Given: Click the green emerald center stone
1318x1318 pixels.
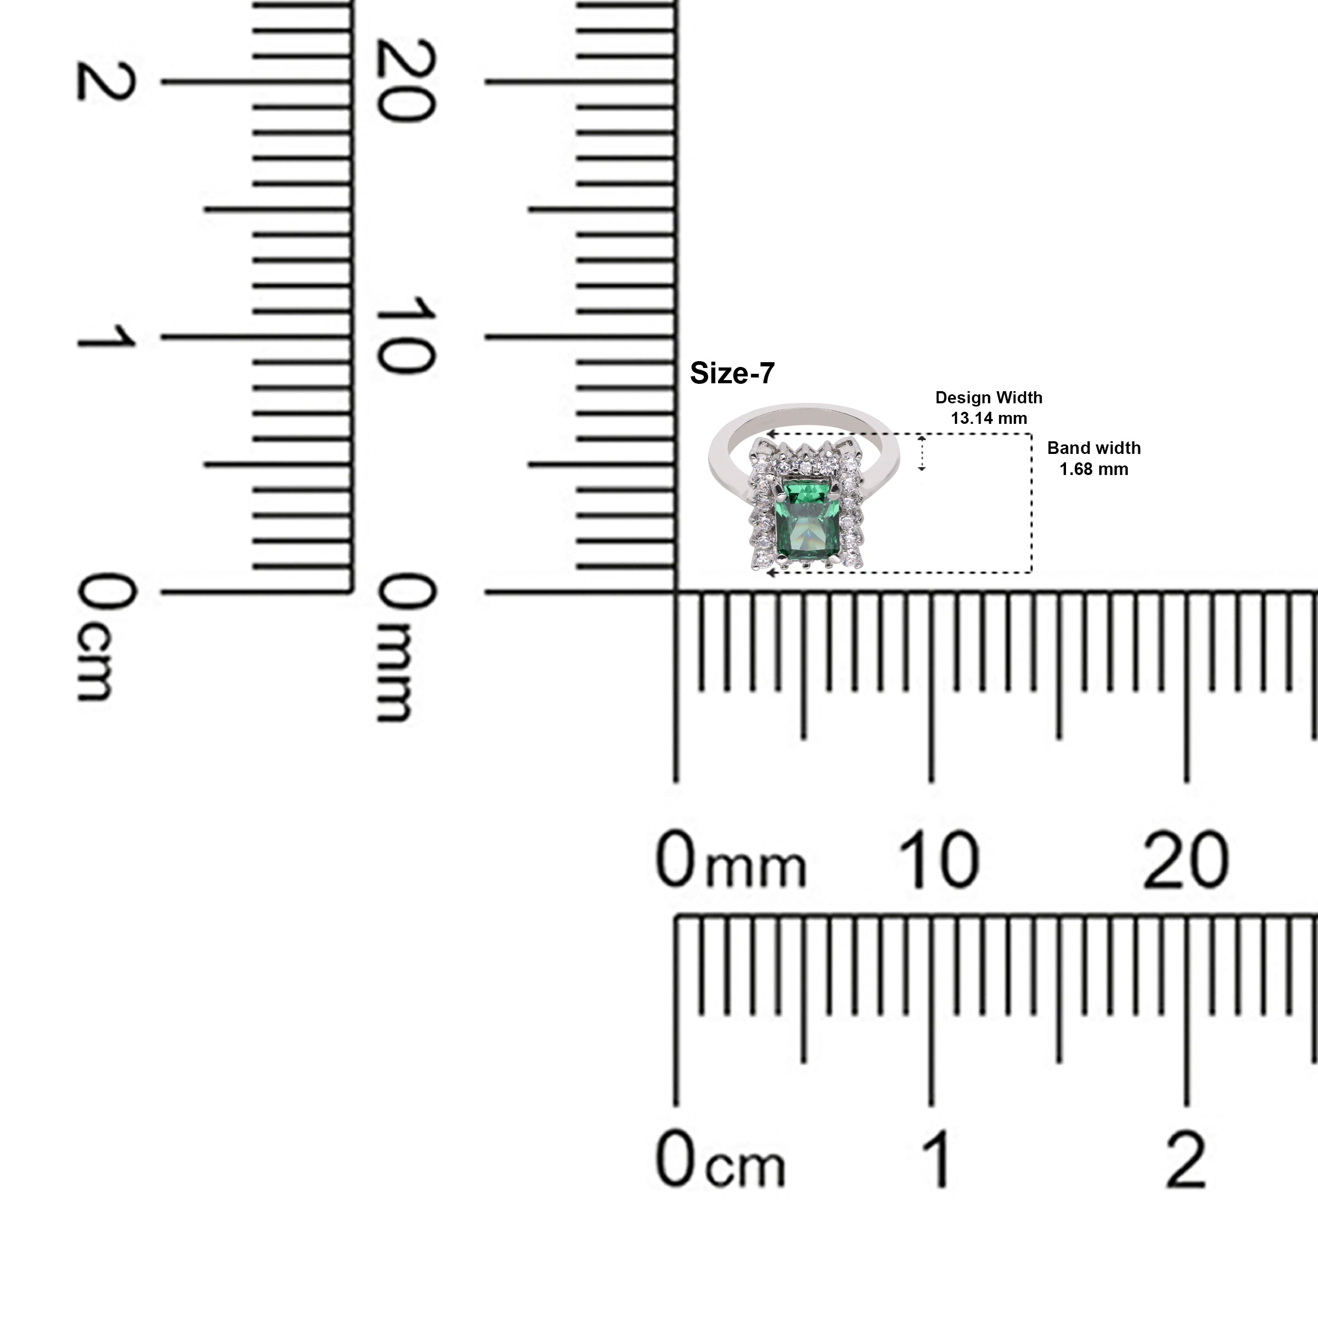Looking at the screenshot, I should pyautogui.click(x=807, y=521).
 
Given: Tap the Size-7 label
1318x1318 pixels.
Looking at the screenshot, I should pyautogui.click(x=732, y=373).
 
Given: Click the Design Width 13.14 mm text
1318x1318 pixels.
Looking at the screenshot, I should pyautogui.click(x=988, y=408).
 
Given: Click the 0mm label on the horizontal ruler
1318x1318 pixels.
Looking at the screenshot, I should pyautogui.click(x=731, y=861).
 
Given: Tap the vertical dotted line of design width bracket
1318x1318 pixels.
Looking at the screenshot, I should pyautogui.click(x=1032, y=503).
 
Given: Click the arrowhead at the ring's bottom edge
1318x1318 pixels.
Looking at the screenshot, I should pyautogui.click(x=771, y=573).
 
